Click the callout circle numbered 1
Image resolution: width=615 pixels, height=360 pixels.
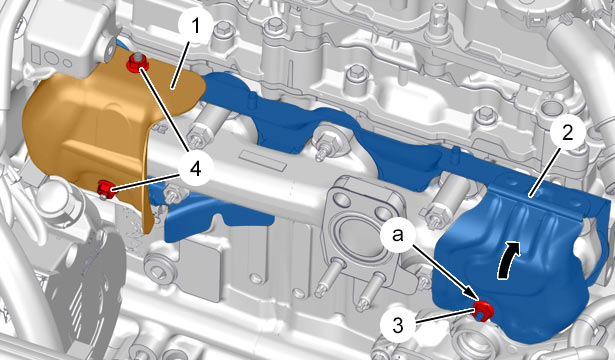point(196,27)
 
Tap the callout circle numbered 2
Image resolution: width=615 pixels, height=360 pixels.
point(567,134)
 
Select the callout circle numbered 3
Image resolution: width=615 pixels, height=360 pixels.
point(398,325)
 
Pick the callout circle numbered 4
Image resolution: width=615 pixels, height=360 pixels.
point(195,169)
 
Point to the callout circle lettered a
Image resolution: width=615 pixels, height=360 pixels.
point(398,235)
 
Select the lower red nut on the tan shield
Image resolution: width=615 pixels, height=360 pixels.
point(107,188)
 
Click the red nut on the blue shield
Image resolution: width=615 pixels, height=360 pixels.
point(483,311)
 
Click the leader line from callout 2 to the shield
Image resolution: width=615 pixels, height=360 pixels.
point(544,172)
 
